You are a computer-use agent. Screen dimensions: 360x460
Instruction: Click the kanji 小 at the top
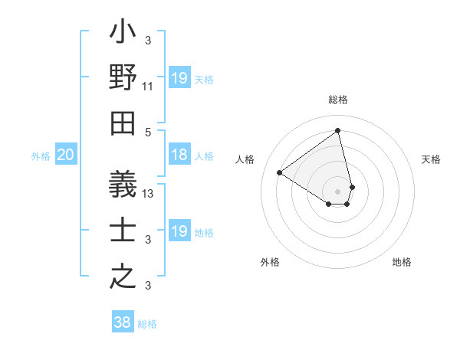click(x=123, y=34)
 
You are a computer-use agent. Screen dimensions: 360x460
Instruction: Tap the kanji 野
click(x=123, y=77)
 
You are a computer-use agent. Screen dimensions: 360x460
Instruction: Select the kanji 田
click(x=123, y=123)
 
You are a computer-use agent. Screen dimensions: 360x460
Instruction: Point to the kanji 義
click(x=123, y=184)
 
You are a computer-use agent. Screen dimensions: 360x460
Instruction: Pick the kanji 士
click(x=123, y=230)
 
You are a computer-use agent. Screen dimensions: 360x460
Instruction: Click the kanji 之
click(x=123, y=276)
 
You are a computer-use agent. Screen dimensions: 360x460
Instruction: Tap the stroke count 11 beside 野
click(x=148, y=86)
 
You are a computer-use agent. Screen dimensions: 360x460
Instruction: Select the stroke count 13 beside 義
click(x=148, y=193)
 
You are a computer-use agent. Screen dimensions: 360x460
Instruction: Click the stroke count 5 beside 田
click(x=148, y=132)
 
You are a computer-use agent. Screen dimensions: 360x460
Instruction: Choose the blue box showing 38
click(x=123, y=322)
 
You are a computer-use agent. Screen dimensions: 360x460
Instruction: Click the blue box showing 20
click(x=66, y=155)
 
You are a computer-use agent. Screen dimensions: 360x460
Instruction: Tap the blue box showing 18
click(x=179, y=155)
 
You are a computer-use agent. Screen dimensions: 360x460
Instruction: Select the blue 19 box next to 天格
click(x=179, y=78)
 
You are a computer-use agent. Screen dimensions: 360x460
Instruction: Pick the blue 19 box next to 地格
click(x=179, y=231)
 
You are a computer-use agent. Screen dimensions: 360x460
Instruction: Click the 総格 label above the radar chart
click(x=338, y=100)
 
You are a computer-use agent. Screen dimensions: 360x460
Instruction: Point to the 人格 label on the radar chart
click(x=245, y=159)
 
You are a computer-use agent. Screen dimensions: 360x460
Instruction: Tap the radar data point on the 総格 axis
click(x=338, y=130)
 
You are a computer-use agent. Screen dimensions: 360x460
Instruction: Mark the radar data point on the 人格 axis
click(x=280, y=172)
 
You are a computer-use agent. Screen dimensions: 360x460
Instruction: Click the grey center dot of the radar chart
click(x=338, y=191)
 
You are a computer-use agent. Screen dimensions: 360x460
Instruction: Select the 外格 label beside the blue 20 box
click(x=41, y=155)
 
